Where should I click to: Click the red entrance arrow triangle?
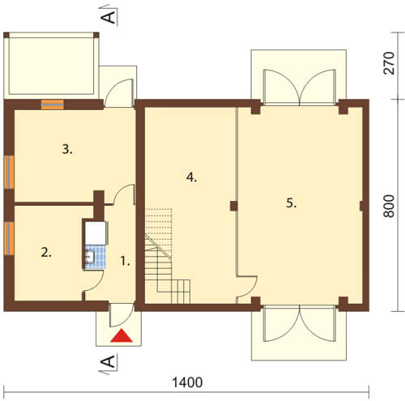[x=122, y=335]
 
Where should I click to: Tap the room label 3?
[x=67, y=149]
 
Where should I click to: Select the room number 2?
[x=46, y=253]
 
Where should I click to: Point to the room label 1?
[x=125, y=261]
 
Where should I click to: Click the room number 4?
[x=191, y=177]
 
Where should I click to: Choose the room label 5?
[x=292, y=203]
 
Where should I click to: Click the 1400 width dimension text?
[x=187, y=382]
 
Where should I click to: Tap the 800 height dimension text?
[x=389, y=206]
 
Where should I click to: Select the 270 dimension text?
[x=389, y=63]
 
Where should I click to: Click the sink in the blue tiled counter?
[x=90, y=257]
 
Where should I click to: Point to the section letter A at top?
[x=108, y=17]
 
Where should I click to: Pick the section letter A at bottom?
[x=108, y=361]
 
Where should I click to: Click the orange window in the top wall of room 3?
[x=53, y=105]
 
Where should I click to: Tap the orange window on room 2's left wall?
[x=9, y=238]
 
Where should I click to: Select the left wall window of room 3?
[x=9, y=172]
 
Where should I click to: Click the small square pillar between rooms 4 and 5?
[x=234, y=206]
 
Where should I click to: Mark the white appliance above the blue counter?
[x=96, y=233]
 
